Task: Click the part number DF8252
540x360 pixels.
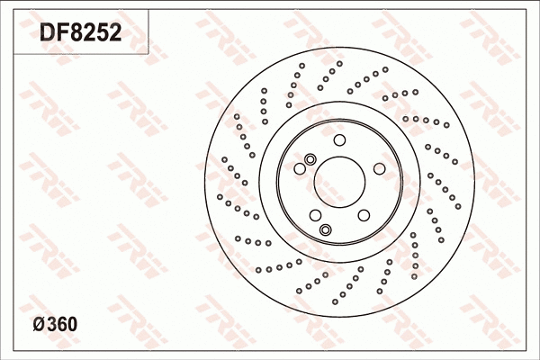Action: coord(81,33)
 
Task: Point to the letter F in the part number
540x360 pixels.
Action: coord(61,33)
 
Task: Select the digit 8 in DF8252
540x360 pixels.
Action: coord(75,33)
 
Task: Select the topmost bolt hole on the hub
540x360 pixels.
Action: coord(339,139)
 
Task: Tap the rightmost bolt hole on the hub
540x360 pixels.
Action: coord(379,168)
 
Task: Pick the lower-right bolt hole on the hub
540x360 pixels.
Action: coord(364,214)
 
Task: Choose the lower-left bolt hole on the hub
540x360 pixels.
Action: coord(315,214)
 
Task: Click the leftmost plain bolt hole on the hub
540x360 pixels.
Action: coord(300,168)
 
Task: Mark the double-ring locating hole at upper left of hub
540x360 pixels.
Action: coord(310,159)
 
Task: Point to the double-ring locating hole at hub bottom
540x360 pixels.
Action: coord(326,229)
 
